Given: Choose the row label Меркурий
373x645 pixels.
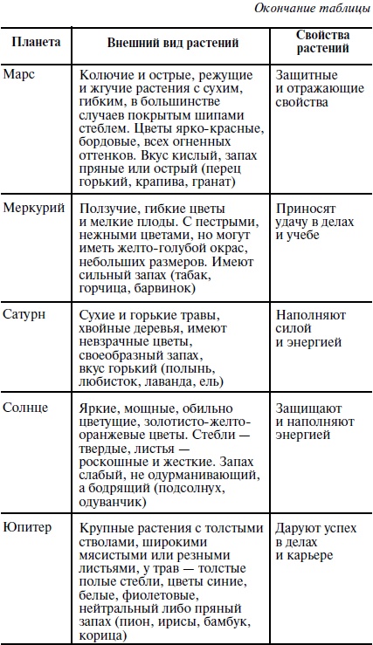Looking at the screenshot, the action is tap(31, 208).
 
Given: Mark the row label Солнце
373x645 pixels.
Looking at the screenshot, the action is tap(25, 408).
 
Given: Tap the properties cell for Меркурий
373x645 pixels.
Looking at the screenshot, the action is tap(314, 222).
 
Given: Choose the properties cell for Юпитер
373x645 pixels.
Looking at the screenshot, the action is tap(311, 542).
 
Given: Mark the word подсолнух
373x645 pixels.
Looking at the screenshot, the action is tap(198, 489).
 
